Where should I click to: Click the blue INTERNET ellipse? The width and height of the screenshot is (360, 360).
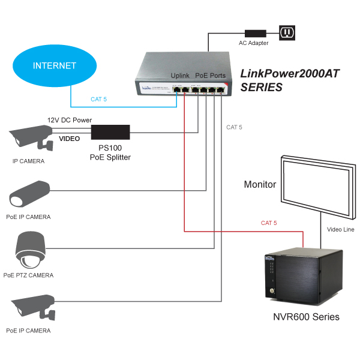pyautogui.click(x=55, y=65)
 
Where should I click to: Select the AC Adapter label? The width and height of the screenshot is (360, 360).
pyautogui.click(x=254, y=43)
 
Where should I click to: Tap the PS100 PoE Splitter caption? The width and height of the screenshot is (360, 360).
pyautogui.click(x=110, y=152)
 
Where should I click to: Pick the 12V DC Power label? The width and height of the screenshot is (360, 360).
pyautogui.click(x=70, y=120)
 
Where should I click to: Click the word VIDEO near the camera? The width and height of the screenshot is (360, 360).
pyautogui.click(x=69, y=139)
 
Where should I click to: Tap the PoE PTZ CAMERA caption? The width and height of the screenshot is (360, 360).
pyautogui.click(x=28, y=275)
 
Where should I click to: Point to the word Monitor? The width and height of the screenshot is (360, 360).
pyautogui.click(x=260, y=184)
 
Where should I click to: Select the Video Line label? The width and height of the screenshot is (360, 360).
pyautogui.click(x=341, y=229)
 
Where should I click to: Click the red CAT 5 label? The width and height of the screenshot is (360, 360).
pyautogui.click(x=269, y=223)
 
